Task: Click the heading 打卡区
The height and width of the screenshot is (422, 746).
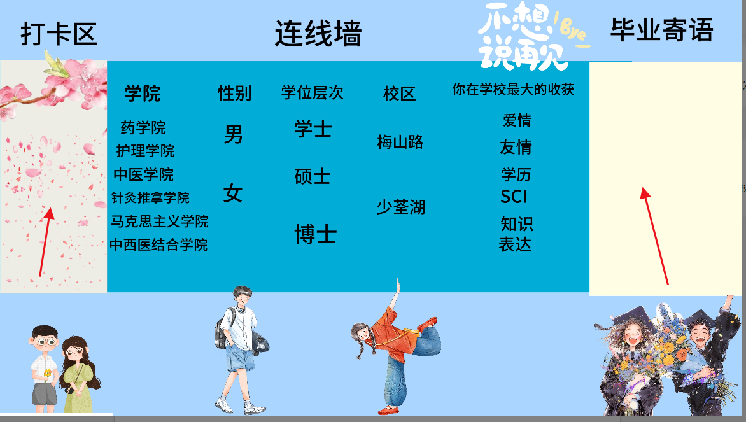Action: point(59,34)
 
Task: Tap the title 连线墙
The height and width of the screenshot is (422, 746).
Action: point(318,33)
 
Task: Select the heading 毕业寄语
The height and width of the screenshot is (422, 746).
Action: point(662,30)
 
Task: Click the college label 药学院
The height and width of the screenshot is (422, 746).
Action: point(143,127)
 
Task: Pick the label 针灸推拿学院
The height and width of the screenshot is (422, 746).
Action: point(150,197)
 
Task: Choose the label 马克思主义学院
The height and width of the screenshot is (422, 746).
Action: point(159,222)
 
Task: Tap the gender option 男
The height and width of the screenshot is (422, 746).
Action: point(233,134)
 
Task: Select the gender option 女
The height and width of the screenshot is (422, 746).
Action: point(233,193)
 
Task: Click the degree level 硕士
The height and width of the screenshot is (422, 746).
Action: point(313,176)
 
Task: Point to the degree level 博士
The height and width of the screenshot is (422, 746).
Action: point(316,234)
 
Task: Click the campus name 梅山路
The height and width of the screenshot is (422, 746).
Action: point(400,142)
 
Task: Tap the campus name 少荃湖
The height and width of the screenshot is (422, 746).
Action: point(400,207)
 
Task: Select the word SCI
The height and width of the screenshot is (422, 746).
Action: point(514,197)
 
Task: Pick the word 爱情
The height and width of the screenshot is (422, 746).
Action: point(517,120)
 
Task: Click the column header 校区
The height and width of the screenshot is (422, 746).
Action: point(400,94)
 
